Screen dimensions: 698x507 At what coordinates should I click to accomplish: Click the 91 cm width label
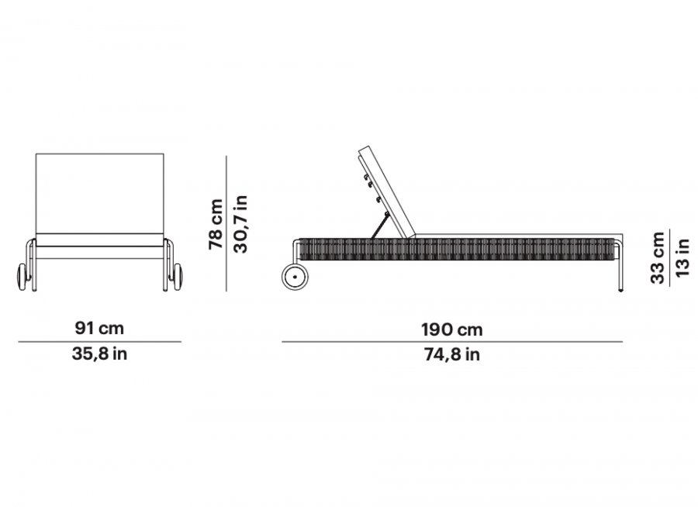coord(99,328)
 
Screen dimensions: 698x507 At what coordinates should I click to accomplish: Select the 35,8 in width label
coord(99,354)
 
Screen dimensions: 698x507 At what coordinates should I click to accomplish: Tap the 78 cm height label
coord(216,224)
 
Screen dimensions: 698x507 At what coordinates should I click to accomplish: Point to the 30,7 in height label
coord(240,224)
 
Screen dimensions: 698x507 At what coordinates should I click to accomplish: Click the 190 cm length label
coord(452,329)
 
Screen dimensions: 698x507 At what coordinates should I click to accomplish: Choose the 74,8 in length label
coord(452,355)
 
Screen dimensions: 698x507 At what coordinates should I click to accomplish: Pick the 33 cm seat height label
coord(658,257)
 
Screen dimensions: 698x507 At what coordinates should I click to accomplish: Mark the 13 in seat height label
coord(682,257)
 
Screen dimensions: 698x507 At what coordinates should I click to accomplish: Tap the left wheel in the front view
coord(22,277)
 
